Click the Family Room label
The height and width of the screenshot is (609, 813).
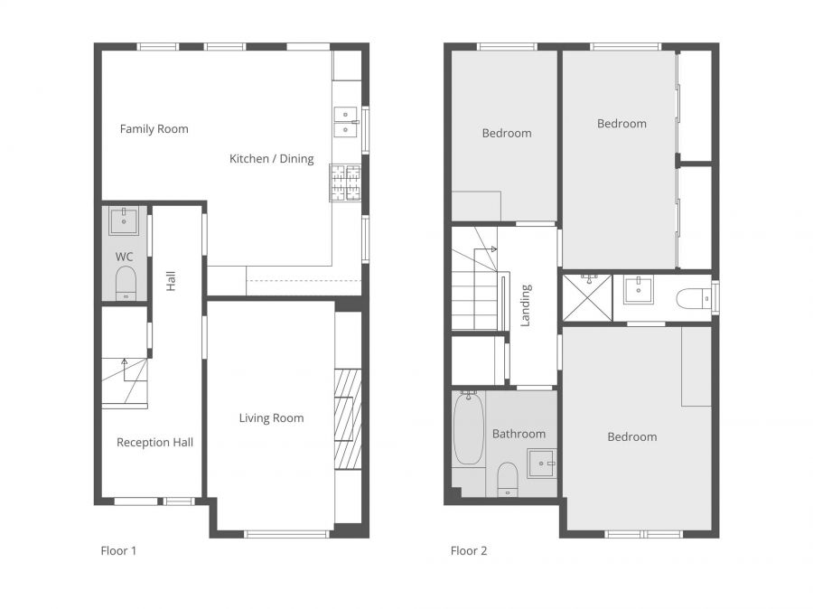154,128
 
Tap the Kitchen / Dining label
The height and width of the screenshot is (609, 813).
272,159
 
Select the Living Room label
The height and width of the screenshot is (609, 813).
271,418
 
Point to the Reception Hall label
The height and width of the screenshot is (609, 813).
154,443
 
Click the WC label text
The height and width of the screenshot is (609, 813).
125,257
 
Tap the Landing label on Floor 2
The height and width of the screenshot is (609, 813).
526,305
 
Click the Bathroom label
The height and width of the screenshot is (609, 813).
519,434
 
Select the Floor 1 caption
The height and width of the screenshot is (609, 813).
118,551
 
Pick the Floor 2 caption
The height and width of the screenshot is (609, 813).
469,551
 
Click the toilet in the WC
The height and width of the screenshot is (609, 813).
126,283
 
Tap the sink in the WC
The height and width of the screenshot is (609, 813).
124,221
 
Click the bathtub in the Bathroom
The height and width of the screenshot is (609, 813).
469,428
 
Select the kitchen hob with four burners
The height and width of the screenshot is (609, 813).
345,183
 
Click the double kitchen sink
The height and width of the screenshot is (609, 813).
345,122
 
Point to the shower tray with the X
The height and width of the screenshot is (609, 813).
587,298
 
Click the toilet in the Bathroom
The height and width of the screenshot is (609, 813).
508,479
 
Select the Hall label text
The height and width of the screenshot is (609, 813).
171,281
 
